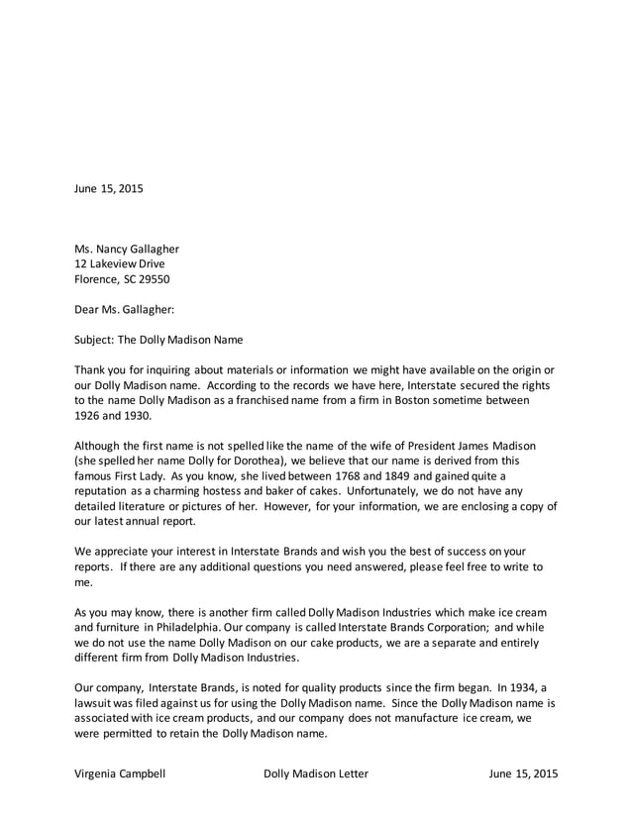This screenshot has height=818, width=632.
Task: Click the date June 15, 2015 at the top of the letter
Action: coord(109,189)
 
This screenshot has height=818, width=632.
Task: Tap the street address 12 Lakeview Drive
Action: coord(120,264)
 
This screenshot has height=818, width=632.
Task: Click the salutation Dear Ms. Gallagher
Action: coord(125,309)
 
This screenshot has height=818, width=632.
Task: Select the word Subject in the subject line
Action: coord(96,340)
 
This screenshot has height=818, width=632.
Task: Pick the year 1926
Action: coord(90,416)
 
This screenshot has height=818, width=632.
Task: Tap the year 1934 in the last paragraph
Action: coord(543,688)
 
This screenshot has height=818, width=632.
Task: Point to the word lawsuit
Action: coord(97,703)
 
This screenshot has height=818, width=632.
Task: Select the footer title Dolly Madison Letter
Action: coord(316,773)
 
